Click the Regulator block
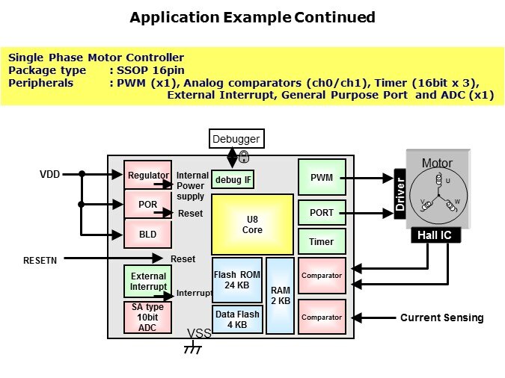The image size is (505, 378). [x=148, y=175]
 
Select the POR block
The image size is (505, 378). [x=148, y=204]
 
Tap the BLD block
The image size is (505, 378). [x=148, y=234]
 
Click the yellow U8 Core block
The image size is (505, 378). [x=252, y=224]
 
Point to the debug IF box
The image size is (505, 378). [x=233, y=179]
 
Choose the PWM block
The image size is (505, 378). [x=322, y=178]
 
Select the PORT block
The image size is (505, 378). [x=322, y=213]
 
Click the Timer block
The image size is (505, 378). [x=322, y=242]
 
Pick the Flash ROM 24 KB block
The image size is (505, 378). [x=237, y=279]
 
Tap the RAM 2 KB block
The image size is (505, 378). [x=281, y=295]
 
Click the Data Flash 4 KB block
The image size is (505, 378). [x=237, y=320]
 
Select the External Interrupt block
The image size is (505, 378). [x=148, y=282]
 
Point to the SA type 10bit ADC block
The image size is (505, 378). [x=148, y=317]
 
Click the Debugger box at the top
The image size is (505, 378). [x=236, y=139]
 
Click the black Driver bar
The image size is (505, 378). [x=400, y=196]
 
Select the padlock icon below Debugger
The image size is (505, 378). [x=244, y=157]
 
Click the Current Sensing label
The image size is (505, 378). [x=441, y=317]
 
